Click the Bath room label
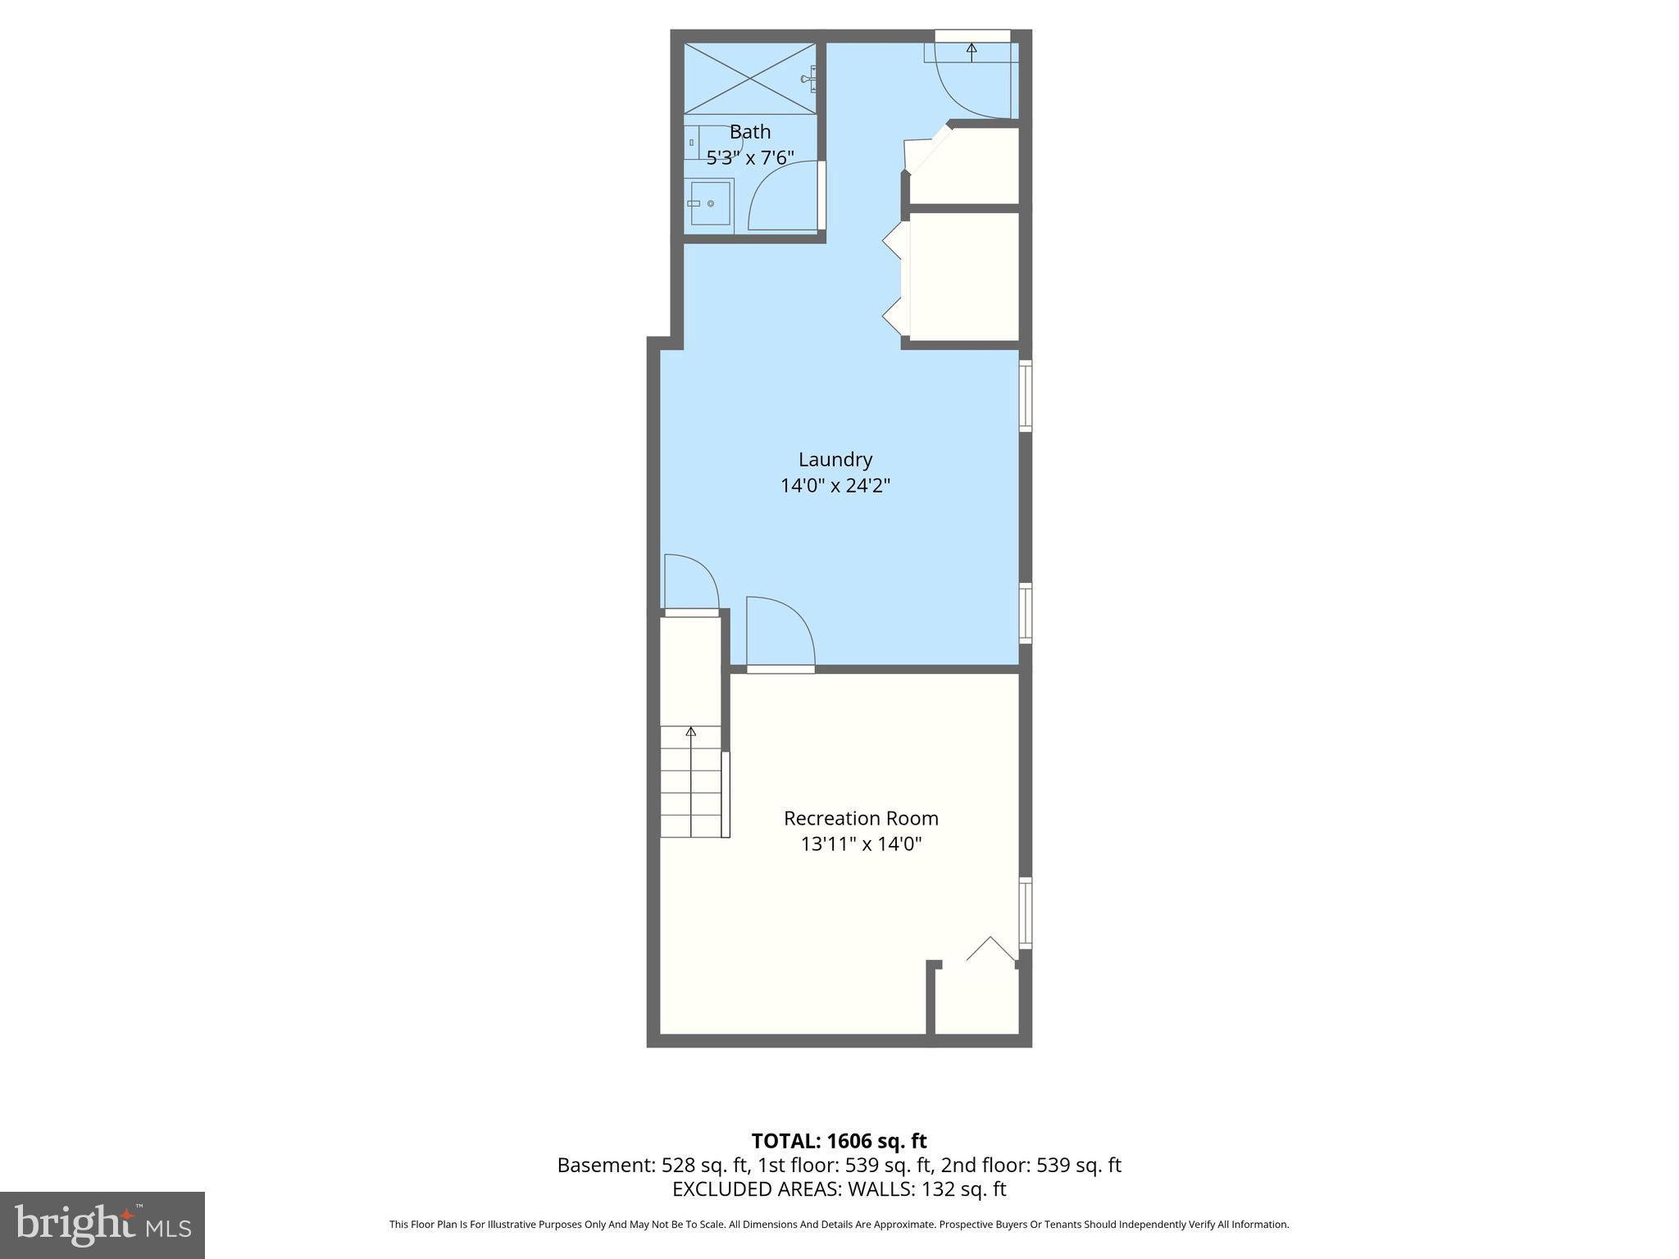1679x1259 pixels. [750, 132]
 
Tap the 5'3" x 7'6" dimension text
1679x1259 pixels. [750, 157]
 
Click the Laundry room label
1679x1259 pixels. [835, 460]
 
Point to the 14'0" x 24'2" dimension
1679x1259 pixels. [835, 486]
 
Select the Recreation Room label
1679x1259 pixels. [861, 818]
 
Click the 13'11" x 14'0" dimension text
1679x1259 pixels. [861, 843]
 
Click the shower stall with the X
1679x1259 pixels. [749, 79]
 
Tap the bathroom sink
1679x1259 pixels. [710, 202]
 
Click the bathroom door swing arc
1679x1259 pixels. [779, 197]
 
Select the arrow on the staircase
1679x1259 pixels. [691, 731]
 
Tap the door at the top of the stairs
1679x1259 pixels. [690, 584]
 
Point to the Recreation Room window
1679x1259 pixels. [1025, 913]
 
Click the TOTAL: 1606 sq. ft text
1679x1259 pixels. [839, 1141]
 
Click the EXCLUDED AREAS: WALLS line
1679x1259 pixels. [839, 1189]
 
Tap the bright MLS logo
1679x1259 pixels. [102, 1225]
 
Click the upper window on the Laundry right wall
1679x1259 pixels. [1025, 395]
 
